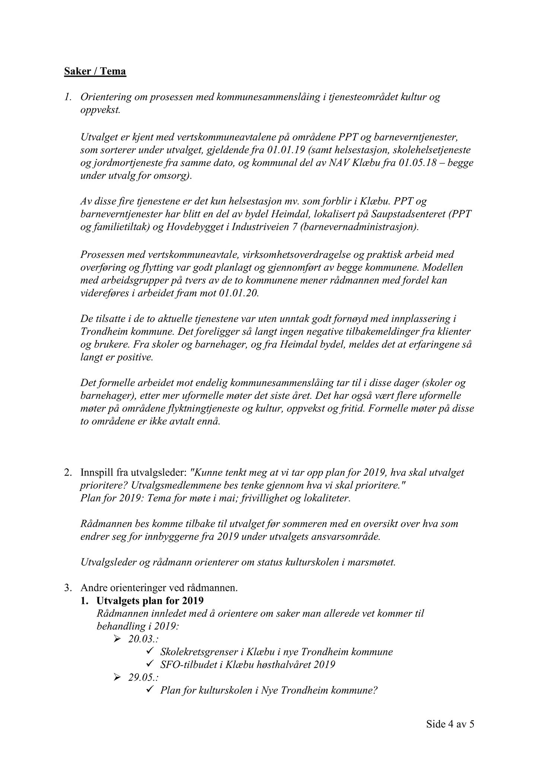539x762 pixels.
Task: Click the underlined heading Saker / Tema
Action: [95, 71]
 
